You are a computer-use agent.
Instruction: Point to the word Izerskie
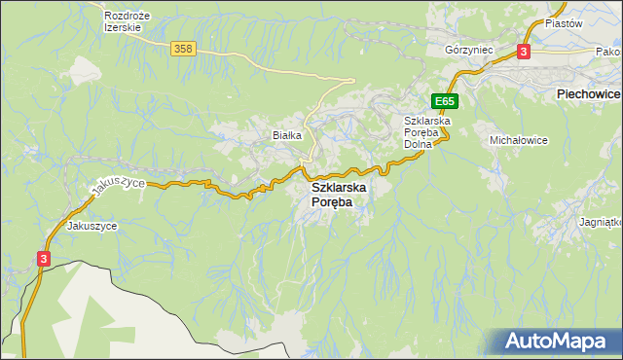coord(123,28)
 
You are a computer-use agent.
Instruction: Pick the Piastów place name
coord(562,22)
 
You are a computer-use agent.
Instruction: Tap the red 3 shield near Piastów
coord(524,52)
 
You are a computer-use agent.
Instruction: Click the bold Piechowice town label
coord(587,93)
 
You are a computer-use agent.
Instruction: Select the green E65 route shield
coord(445,101)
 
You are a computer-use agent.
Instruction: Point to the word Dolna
coord(423,144)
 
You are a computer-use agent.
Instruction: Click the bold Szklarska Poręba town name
coord(338,194)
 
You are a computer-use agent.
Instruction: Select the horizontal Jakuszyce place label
coord(92,225)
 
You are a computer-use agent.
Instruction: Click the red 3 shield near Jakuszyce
coord(44,258)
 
